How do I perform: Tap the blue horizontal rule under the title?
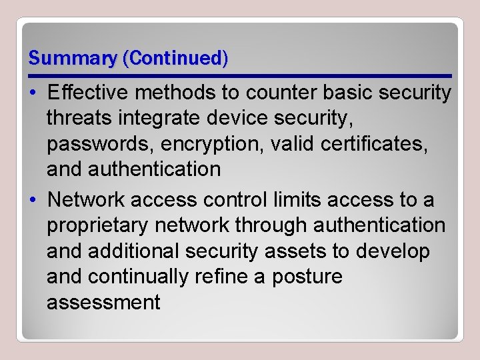[x=240, y=75]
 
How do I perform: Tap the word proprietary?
[x=98, y=225]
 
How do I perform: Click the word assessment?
[x=103, y=302]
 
